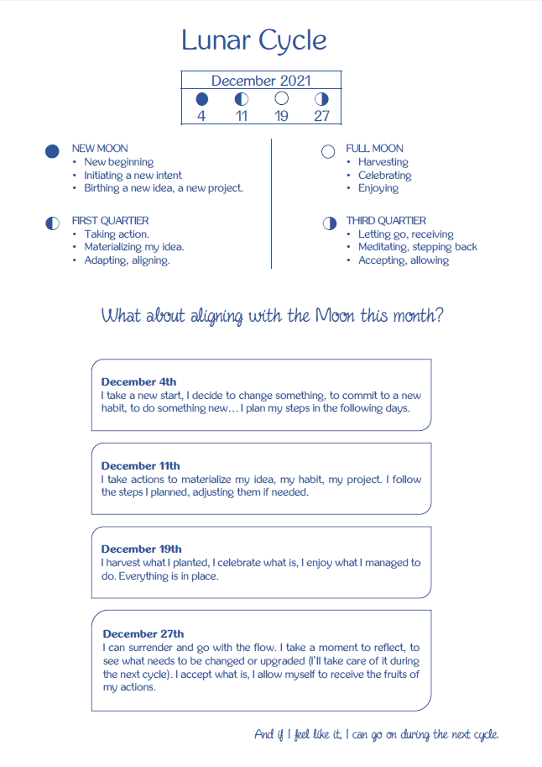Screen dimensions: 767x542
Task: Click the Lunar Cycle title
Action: tap(254, 39)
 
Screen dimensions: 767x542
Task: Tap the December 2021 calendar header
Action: tap(261, 81)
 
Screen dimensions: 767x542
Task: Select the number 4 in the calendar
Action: tap(201, 116)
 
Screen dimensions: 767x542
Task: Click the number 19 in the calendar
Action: tap(281, 116)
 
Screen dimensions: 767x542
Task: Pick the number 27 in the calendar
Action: tap(321, 116)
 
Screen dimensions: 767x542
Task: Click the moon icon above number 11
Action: tap(242, 99)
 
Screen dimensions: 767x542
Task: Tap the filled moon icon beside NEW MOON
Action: tap(52, 151)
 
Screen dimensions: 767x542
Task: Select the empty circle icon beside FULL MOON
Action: tap(328, 151)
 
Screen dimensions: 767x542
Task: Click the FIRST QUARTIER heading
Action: tap(110, 221)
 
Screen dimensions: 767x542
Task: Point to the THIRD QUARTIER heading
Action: tap(386, 221)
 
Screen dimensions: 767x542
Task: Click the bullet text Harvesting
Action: tap(383, 162)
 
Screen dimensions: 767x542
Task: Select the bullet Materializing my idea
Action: tap(133, 247)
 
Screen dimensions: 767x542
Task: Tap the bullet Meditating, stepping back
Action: tap(417, 247)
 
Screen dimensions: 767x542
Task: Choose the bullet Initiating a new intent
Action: tap(133, 176)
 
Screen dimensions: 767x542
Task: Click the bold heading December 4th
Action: tap(138, 381)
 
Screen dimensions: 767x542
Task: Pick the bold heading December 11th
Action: tap(140, 465)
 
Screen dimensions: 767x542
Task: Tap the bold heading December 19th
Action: tap(141, 549)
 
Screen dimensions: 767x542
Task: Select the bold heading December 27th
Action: tap(143, 633)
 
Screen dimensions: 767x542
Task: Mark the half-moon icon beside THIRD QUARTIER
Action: tap(329, 223)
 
